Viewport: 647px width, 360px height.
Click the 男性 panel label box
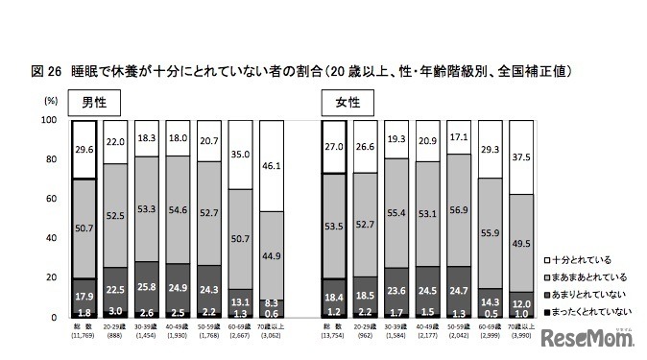pyautogui.click(x=92, y=103)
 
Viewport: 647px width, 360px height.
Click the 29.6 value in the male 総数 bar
pyautogui.click(x=84, y=148)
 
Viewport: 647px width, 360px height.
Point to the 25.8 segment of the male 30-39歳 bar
pyautogui.click(x=148, y=286)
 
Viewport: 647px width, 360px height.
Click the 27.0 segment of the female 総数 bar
pyautogui.click(x=333, y=147)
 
